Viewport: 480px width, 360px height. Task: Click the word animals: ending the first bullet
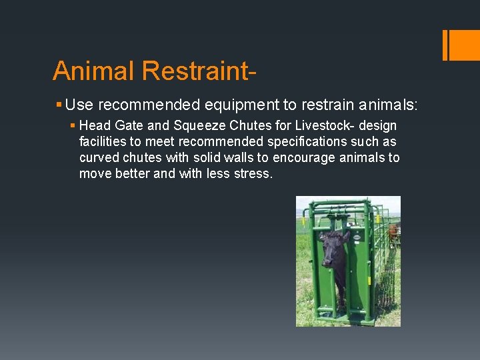click(x=386, y=105)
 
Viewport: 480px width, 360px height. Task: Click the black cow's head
click(x=334, y=244)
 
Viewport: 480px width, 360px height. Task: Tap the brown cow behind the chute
click(x=393, y=233)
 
